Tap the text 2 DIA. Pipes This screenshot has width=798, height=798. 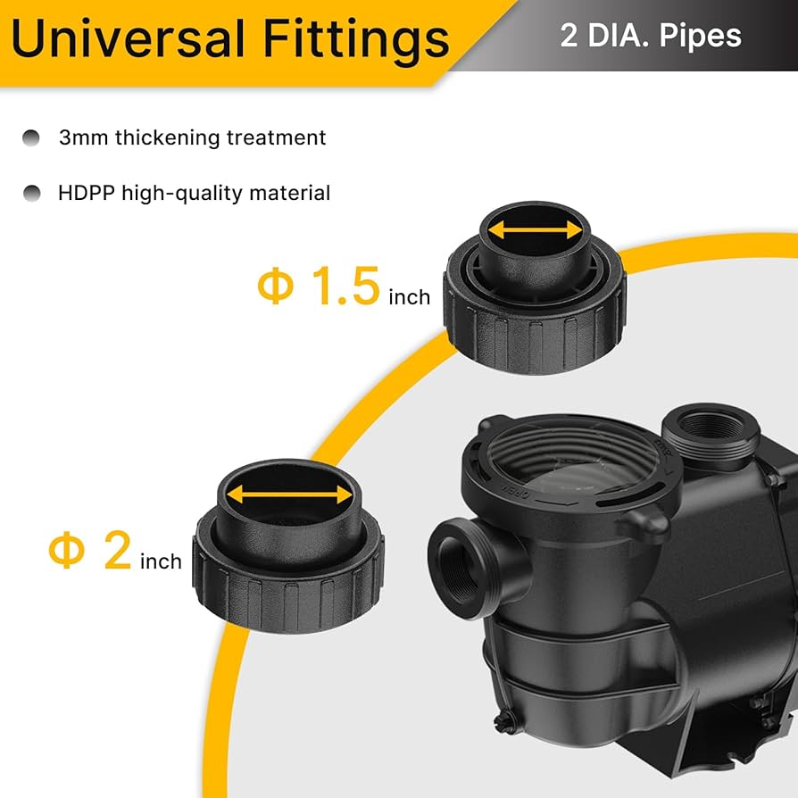coord(651,36)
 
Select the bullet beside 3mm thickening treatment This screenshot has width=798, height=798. coord(32,137)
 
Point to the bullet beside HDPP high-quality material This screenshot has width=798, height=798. coord(32,192)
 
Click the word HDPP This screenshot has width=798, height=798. coord(86,192)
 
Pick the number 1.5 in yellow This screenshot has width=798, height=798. coord(345,287)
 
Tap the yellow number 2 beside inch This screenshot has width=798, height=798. coord(117,551)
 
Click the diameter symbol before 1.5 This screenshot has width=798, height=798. coord(275,287)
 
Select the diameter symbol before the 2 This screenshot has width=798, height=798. coord(66,552)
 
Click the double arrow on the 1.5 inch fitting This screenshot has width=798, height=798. coord(535,231)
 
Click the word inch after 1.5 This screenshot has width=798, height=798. coord(409,296)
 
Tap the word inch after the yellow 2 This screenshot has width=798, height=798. coord(161,561)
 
